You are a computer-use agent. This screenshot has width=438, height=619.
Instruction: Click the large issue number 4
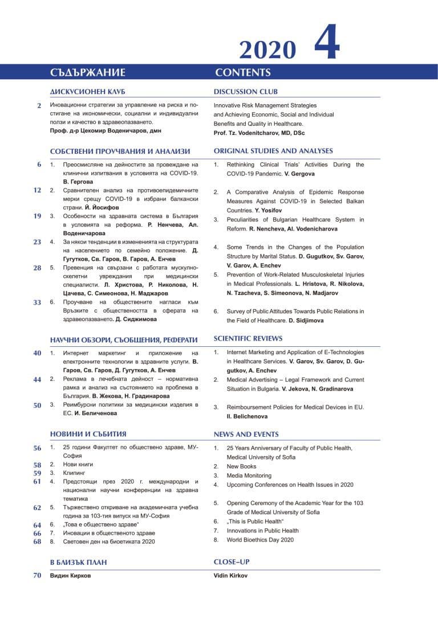click(x=327, y=44)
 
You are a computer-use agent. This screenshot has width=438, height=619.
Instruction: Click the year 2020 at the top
click(x=268, y=50)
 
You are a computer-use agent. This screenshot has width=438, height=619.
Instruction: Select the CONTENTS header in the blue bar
click(x=243, y=72)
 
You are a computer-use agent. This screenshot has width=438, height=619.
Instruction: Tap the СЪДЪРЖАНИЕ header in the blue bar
click(x=87, y=72)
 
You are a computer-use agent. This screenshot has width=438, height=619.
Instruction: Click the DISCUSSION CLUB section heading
click(x=246, y=92)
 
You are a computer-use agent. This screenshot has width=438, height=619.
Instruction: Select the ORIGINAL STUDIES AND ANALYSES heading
click(x=273, y=151)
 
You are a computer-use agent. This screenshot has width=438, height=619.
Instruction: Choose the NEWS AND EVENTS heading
click(x=246, y=434)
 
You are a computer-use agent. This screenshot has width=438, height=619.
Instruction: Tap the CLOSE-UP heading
click(x=232, y=562)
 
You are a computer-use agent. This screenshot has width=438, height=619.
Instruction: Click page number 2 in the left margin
click(x=39, y=106)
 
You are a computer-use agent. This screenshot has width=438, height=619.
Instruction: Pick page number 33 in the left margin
click(x=37, y=302)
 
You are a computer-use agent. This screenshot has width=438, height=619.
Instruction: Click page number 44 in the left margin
click(x=37, y=380)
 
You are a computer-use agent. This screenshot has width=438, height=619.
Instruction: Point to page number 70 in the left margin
click(x=37, y=576)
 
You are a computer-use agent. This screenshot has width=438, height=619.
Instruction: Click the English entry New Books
click(x=241, y=466)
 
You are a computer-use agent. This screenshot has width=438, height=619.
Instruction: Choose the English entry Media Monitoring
click(x=249, y=475)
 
